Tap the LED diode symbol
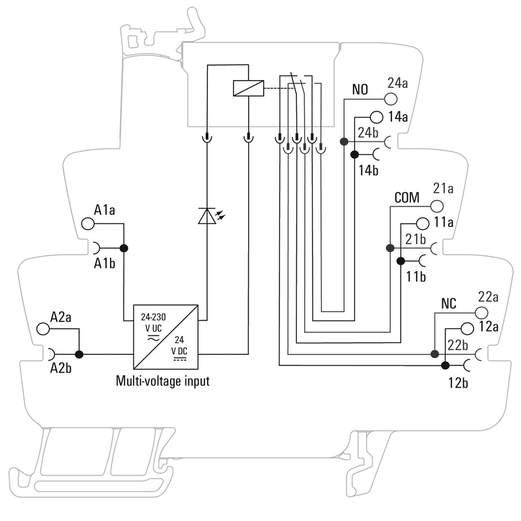point(206,216)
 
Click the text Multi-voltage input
point(162,381)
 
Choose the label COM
point(406,197)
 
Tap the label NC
point(449,303)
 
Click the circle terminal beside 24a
point(391,99)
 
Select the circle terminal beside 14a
point(376,117)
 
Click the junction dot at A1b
point(123,247)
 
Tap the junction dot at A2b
point(79,354)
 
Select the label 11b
point(416,276)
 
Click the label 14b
point(369,171)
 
